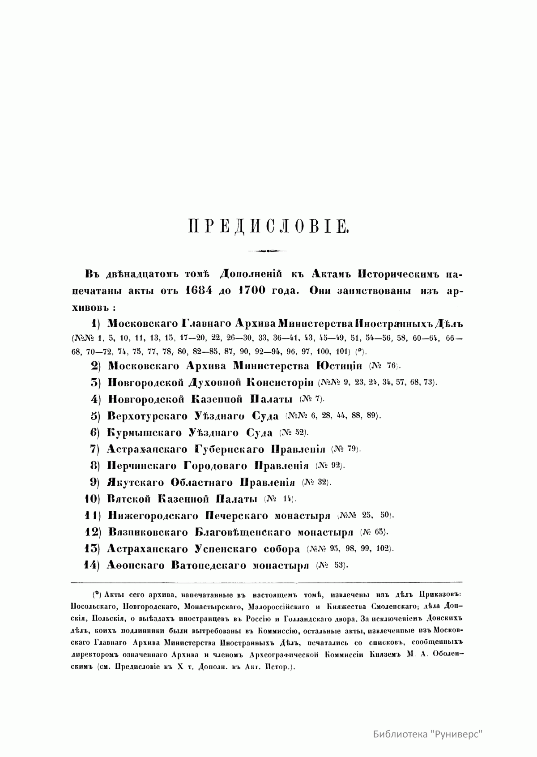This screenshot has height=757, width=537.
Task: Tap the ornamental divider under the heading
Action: (268, 251)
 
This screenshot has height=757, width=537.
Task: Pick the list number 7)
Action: (94, 449)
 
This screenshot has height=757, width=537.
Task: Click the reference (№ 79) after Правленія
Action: (346, 449)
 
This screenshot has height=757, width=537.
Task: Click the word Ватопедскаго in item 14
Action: (209, 565)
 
